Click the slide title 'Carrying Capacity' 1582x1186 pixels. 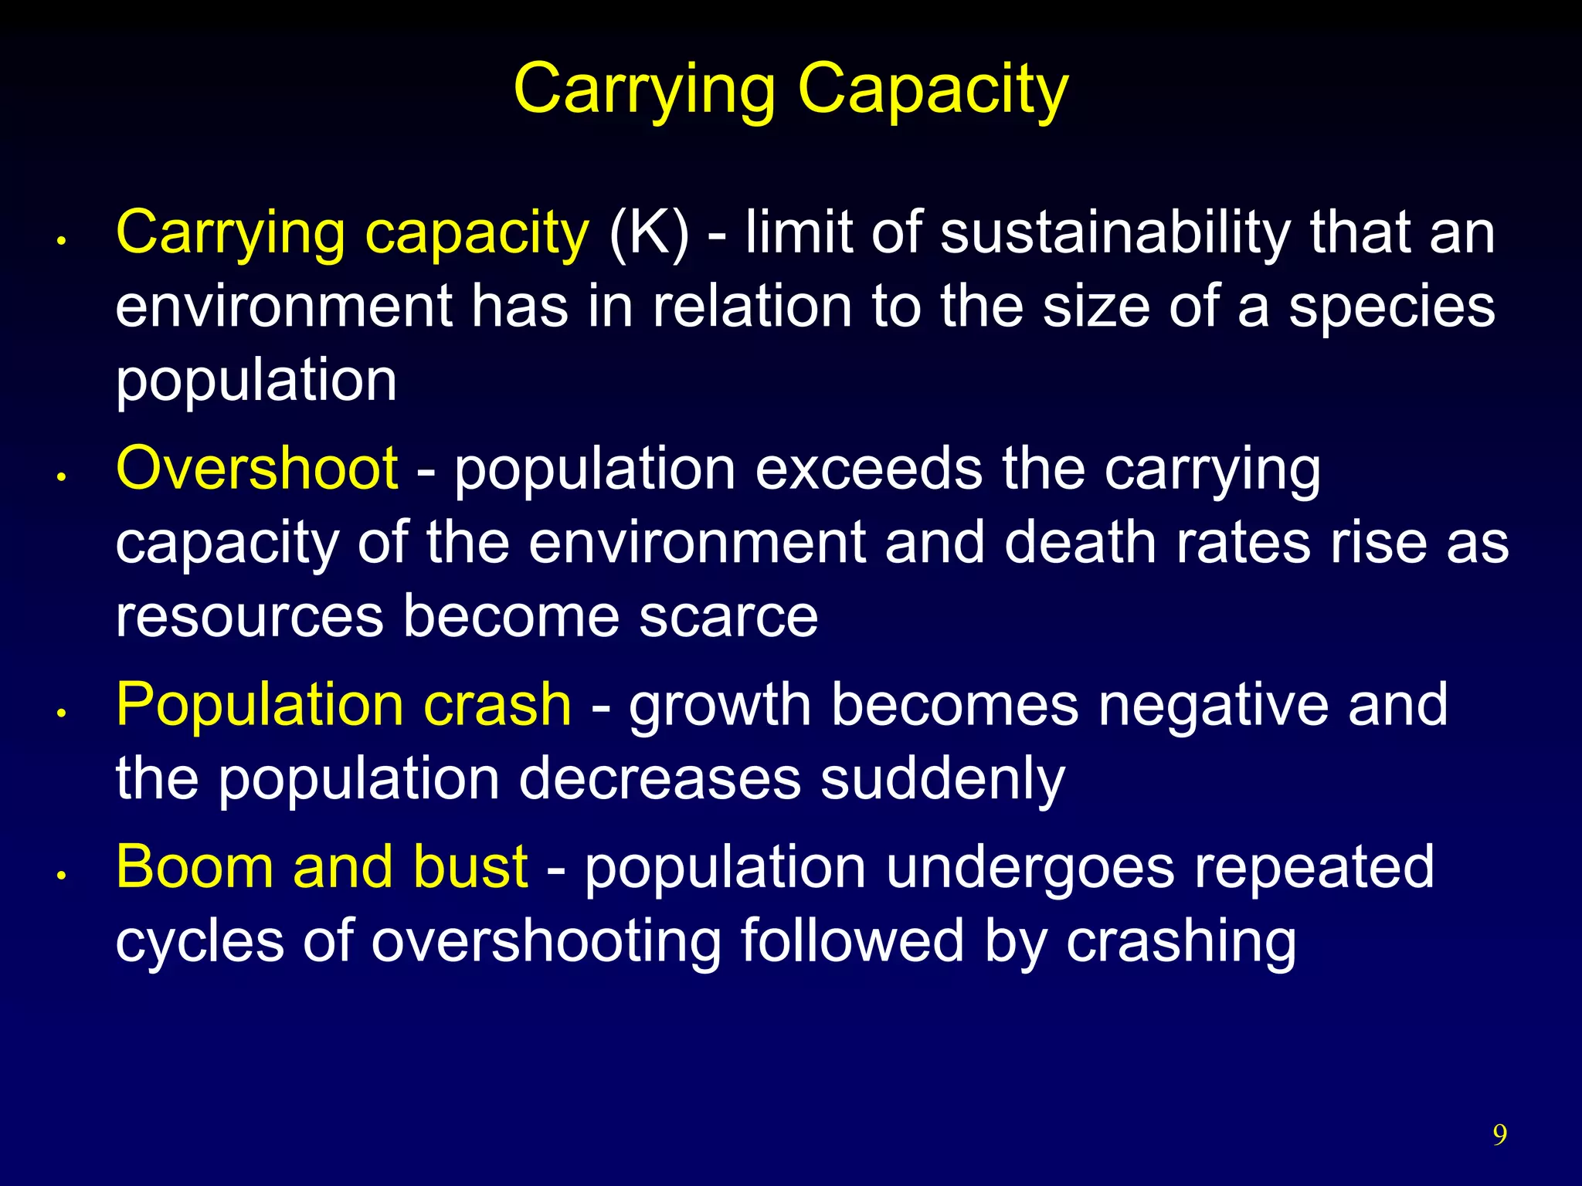tap(790, 90)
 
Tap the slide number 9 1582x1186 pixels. tap(1499, 1134)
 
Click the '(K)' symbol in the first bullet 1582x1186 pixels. tap(649, 232)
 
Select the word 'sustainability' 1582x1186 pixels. tap(1115, 232)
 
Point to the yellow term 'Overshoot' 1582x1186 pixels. tap(256, 469)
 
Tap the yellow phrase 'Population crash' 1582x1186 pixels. tap(344, 705)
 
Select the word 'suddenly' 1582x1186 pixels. tap(942, 778)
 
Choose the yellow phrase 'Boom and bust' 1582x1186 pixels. tap(321, 867)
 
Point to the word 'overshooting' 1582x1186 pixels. tap(546, 940)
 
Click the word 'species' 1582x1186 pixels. tap(1391, 307)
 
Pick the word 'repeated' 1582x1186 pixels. tap(1314, 867)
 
